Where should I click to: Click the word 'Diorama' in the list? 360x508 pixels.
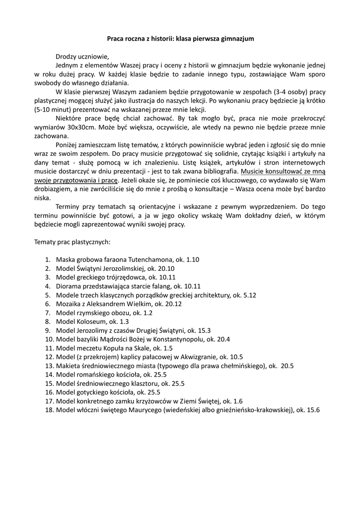point(69,286)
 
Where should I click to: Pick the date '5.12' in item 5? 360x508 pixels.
point(248,295)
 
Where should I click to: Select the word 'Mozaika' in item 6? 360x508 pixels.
point(69,304)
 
